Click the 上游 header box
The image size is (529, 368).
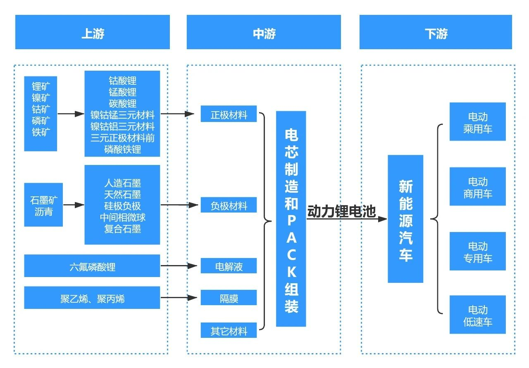(93, 32)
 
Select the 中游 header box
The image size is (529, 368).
(264, 32)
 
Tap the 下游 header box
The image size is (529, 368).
(436, 32)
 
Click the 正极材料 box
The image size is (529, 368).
(229, 115)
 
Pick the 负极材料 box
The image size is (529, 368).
(229, 205)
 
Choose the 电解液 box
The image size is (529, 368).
(229, 266)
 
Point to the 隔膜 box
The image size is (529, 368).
(229, 298)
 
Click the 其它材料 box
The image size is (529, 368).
(229, 330)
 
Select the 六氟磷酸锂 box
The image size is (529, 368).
(92, 266)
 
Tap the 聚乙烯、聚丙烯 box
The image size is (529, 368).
(92, 298)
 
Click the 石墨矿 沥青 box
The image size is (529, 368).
(43, 205)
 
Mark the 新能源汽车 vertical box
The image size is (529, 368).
(405, 219)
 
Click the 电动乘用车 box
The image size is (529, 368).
(478, 122)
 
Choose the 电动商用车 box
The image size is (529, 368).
(478, 187)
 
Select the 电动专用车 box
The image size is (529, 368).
(478, 251)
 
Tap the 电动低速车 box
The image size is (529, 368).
(478, 315)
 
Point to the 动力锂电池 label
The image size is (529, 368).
(341, 212)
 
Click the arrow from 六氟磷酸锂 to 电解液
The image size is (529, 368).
(178, 266)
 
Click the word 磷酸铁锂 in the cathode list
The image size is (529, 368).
(122, 149)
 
